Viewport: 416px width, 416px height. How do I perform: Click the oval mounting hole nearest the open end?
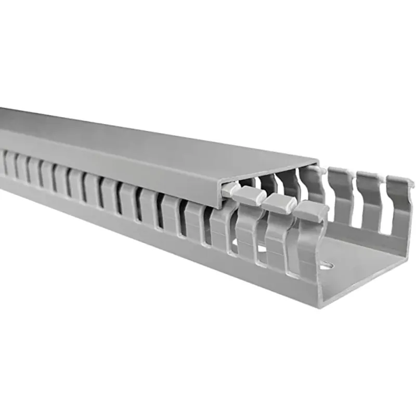[x=326, y=266]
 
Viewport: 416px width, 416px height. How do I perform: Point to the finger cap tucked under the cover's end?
[x=229, y=188]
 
